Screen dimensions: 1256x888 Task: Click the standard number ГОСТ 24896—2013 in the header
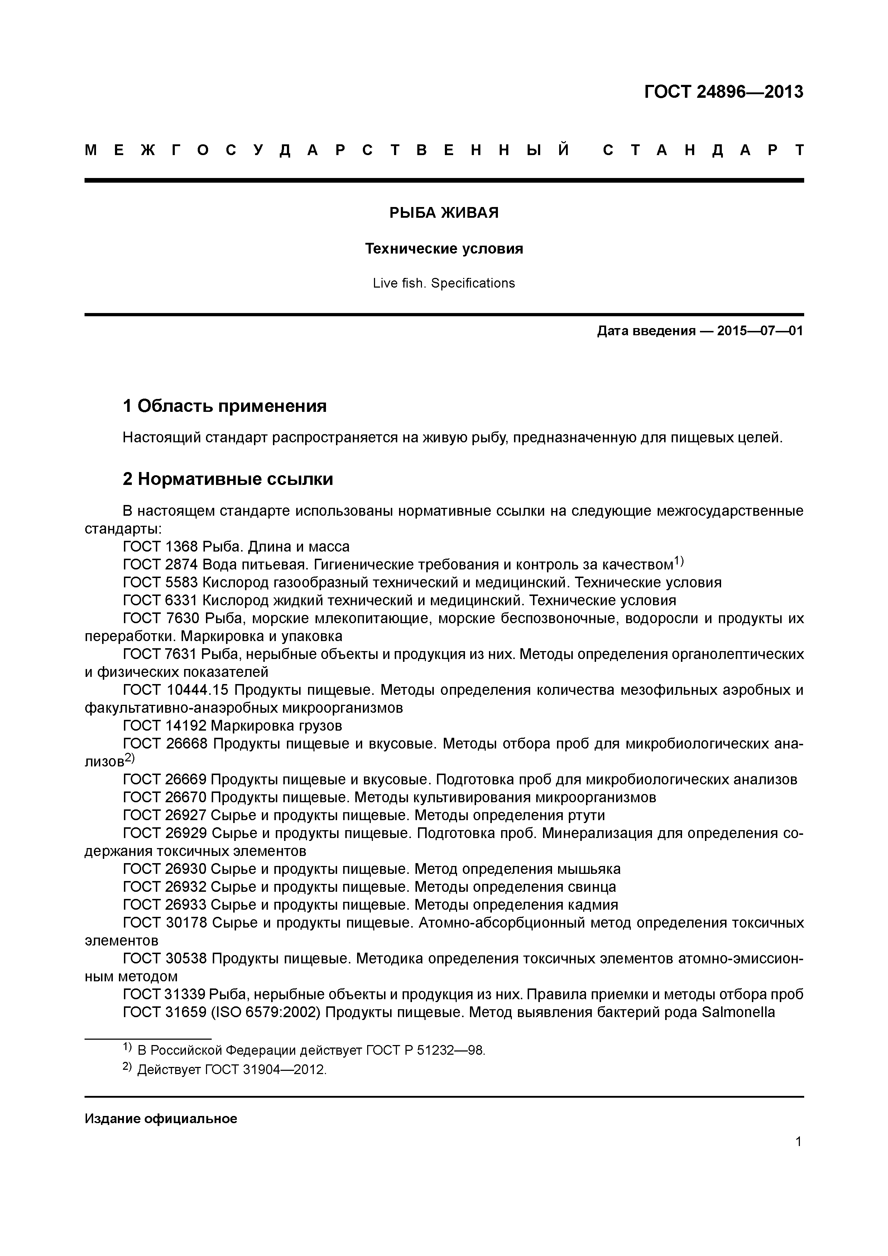pos(723,92)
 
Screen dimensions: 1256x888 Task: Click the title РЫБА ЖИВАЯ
pos(444,213)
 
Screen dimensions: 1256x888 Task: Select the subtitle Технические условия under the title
pos(444,249)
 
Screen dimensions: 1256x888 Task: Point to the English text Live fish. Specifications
pos(444,283)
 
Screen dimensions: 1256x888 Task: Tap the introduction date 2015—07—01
pos(759,331)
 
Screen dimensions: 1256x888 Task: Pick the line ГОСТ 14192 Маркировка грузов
pos(232,726)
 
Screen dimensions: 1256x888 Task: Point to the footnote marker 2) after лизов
pos(129,758)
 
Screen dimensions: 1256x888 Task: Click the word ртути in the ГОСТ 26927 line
pos(586,815)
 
